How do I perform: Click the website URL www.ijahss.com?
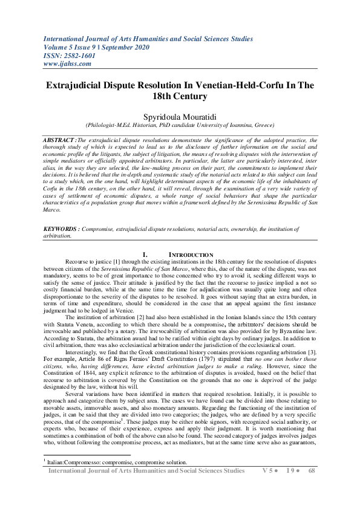tap(67, 63)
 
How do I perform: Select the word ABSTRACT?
tap(59, 140)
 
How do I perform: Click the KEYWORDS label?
tap(62, 230)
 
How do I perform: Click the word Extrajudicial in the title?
tap(74, 85)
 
